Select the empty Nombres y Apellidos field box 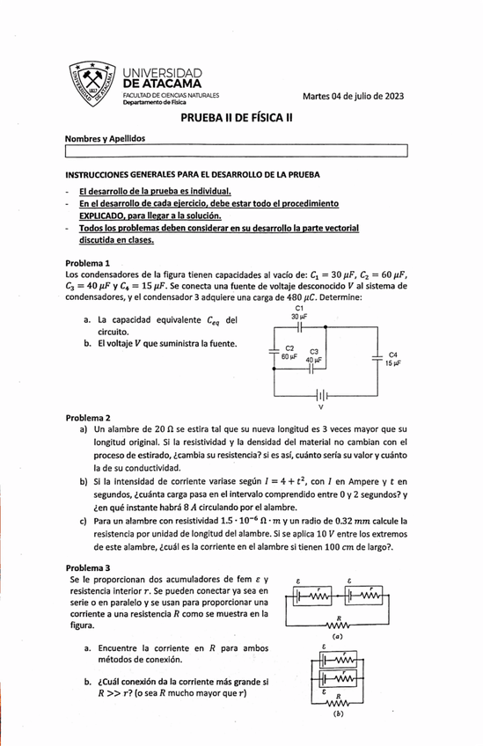(238, 153)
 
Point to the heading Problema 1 (88, 263)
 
